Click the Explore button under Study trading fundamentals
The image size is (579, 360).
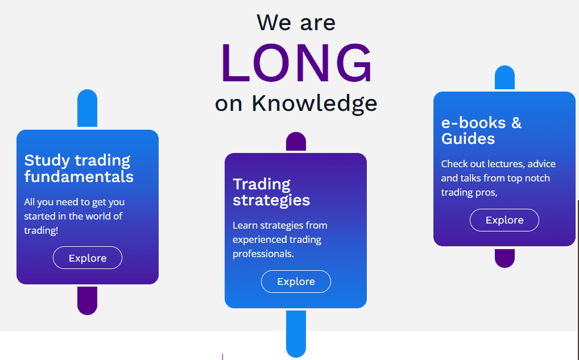tap(88, 258)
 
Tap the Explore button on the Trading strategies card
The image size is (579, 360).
tap(296, 282)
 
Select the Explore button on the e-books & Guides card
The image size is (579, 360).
tap(504, 220)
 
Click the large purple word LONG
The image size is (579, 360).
tap(296, 63)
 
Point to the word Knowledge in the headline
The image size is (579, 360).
tap(314, 103)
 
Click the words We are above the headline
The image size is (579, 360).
tap(296, 23)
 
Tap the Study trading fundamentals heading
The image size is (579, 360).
tap(78, 168)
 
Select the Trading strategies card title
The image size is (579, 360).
tap(271, 192)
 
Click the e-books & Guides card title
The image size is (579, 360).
tap(481, 131)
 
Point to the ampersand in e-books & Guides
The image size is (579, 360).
tap(516, 123)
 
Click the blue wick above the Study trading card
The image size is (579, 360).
tap(87, 108)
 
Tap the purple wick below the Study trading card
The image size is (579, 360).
tap(87, 300)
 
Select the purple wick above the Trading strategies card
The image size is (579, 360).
tap(296, 142)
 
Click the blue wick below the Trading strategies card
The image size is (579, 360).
tap(296, 334)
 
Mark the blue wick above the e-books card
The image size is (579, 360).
tap(504, 77)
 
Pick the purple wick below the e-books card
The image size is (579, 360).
tap(504, 258)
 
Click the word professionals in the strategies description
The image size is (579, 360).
tap(263, 254)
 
